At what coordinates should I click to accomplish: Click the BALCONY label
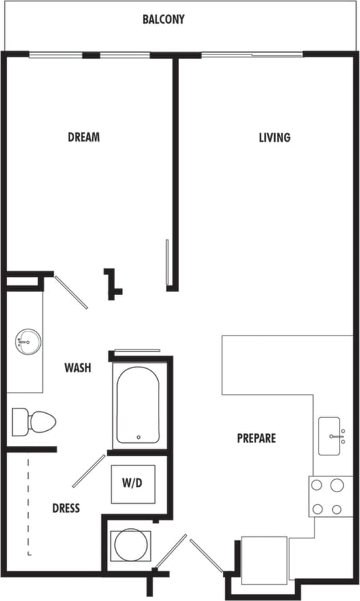point(163,20)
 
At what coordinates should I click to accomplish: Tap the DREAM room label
point(84,137)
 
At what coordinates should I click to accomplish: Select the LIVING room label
point(274,137)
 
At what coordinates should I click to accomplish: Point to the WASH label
point(78,368)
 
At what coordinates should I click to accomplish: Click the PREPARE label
point(257,438)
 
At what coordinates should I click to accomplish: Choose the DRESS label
point(65,508)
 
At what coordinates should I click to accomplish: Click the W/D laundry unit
point(133,483)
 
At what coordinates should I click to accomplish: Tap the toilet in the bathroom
point(34,421)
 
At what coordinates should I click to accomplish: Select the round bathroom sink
point(28,340)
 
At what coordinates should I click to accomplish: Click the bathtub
point(138,406)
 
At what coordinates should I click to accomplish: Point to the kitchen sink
point(331,436)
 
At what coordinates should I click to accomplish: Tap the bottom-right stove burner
point(336,508)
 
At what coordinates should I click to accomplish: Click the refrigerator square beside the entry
point(264,561)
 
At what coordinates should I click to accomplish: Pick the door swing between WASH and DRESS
point(88,471)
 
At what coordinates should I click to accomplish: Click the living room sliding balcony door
point(252,54)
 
